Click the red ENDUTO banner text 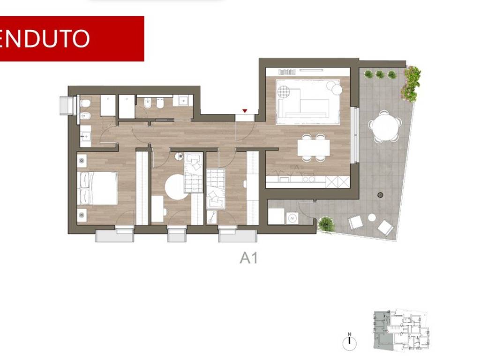(45, 38)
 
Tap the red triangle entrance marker (245, 111)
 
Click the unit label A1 (248, 258)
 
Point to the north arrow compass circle (349, 344)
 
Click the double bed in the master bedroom (97, 188)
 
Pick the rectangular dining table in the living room (314, 148)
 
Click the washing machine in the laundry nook (292, 218)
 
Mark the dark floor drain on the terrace (380, 195)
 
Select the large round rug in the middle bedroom (176, 187)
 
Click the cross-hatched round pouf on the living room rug (284, 91)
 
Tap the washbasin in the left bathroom (85, 135)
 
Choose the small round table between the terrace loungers (372, 217)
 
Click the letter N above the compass (349, 334)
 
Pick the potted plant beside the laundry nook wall (326, 224)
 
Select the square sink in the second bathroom (183, 100)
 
